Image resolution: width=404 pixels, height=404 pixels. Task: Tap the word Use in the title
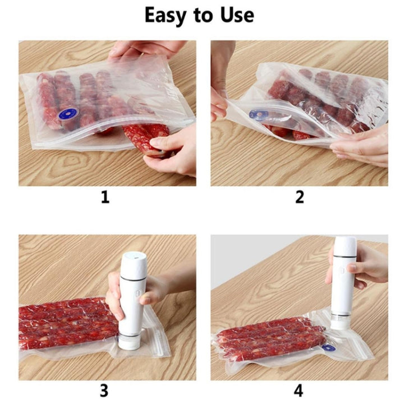tap(237, 15)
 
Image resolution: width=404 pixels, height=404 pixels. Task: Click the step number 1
tap(105, 198)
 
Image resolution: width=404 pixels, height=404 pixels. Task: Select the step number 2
tap(300, 198)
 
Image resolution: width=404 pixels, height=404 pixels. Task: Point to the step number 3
tap(104, 391)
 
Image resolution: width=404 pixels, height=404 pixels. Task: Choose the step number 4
tap(299, 391)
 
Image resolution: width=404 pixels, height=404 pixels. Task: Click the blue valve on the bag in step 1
tap(68, 113)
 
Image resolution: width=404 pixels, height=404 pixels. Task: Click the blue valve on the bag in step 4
tap(329, 348)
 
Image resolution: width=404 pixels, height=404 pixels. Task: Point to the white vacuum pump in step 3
tap(132, 301)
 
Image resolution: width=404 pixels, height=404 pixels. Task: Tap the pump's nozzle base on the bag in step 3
tap(130, 342)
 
